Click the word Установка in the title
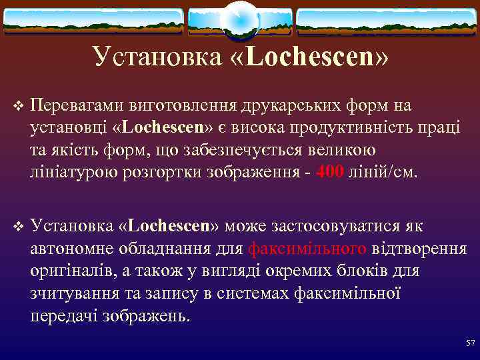coord(157,57)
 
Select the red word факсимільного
coord(307,249)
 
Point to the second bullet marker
coord(18,227)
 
